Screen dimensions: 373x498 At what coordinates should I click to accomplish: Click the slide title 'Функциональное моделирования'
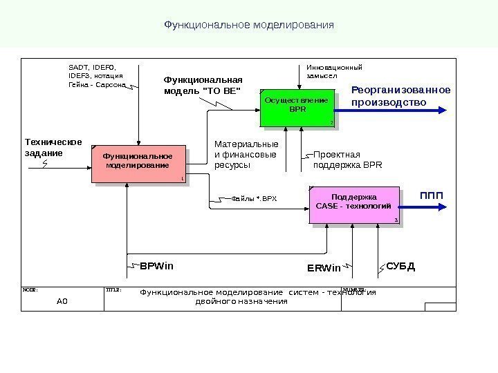249,25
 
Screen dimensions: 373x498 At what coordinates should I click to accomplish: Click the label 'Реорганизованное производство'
400,96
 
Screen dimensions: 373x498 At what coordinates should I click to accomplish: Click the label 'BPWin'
157,265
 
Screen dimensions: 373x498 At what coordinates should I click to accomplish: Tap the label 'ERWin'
324,267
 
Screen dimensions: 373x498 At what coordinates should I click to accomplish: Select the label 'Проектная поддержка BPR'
347,160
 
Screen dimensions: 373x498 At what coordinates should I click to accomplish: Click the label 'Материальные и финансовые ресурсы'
237,155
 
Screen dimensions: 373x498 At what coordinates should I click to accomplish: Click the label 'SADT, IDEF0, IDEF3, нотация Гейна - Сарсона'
96,76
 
